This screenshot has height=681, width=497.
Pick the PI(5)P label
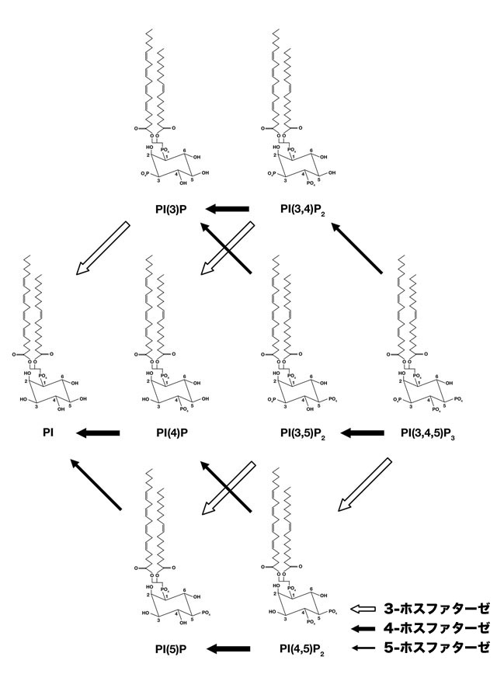(x=179, y=648)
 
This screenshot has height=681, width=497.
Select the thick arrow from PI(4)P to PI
(x=98, y=433)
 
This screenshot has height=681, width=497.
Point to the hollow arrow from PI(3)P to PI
(x=103, y=248)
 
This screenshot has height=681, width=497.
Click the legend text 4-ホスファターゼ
(x=436, y=628)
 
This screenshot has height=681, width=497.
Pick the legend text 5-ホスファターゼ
(x=436, y=648)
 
